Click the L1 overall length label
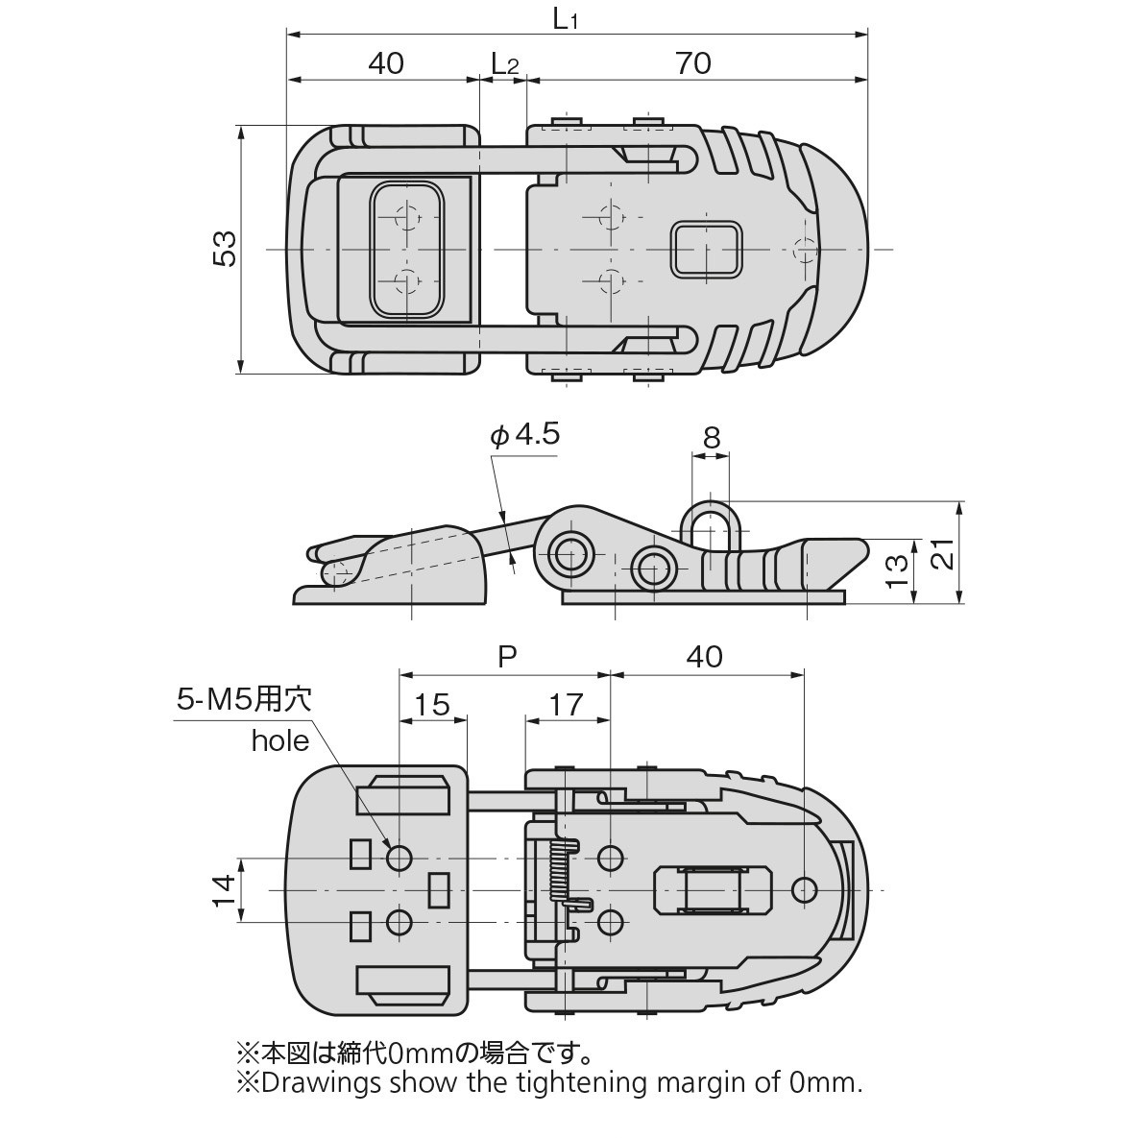(567, 20)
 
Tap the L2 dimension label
(504, 63)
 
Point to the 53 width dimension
(224, 250)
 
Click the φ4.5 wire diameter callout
(525, 435)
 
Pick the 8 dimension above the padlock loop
(711, 438)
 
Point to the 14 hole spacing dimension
(224, 889)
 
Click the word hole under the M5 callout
(280, 740)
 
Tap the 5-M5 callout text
(244, 700)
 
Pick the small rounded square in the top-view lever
(708, 249)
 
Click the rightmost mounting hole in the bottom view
(805, 889)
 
